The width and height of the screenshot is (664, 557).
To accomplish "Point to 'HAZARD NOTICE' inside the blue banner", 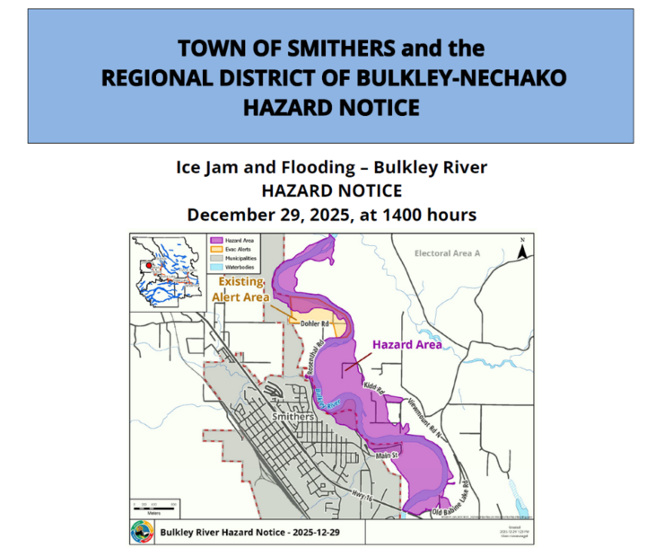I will click(331, 108).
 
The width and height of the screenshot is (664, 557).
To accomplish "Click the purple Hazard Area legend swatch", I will click(215, 241).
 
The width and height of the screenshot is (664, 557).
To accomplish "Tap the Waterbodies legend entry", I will click(238, 267).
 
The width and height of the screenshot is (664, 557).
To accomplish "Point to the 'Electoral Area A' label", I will click(448, 253).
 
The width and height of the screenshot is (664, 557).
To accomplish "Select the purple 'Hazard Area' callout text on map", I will click(406, 344).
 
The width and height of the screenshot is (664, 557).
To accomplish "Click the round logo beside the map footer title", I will click(141, 532).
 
